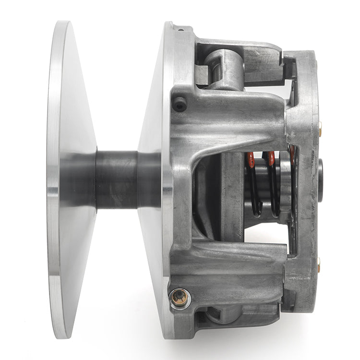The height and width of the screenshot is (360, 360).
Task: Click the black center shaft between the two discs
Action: (x=127, y=179)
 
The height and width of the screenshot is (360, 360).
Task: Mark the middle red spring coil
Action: (x=271, y=158)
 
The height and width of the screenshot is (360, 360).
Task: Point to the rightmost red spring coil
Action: (x=291, y=153)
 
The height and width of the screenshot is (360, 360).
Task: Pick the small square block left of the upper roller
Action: (x=202, y=74)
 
